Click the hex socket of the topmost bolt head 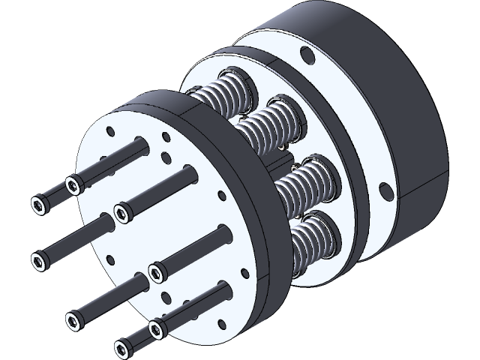(73, 182)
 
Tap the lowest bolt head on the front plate (122, 347)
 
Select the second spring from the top (271, 120)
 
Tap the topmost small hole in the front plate (165, 136)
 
